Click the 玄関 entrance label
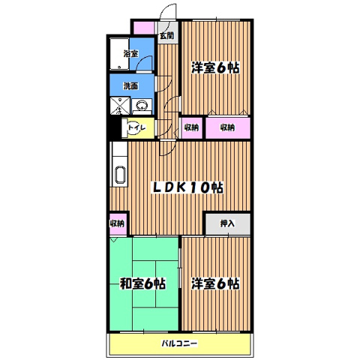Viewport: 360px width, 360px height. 167,35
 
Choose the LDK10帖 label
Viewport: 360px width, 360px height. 188,187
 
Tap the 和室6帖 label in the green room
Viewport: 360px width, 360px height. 142,284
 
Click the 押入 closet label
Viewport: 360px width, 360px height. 227,224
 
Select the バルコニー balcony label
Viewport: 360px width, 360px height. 179,344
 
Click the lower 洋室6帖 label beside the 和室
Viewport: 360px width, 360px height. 215,284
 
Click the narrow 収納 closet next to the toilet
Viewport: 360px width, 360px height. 190,127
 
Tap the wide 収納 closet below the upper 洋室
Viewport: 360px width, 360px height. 228,127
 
